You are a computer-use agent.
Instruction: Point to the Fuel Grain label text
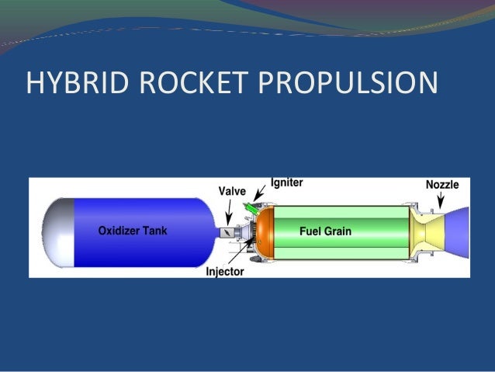(x=325, y=231)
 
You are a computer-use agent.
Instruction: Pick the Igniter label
(x=286, y=183)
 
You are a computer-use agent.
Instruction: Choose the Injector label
(x=224, y=272)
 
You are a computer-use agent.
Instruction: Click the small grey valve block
(x=227, y=231)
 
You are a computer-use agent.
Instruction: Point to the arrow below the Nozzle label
(x=441, y=200)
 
